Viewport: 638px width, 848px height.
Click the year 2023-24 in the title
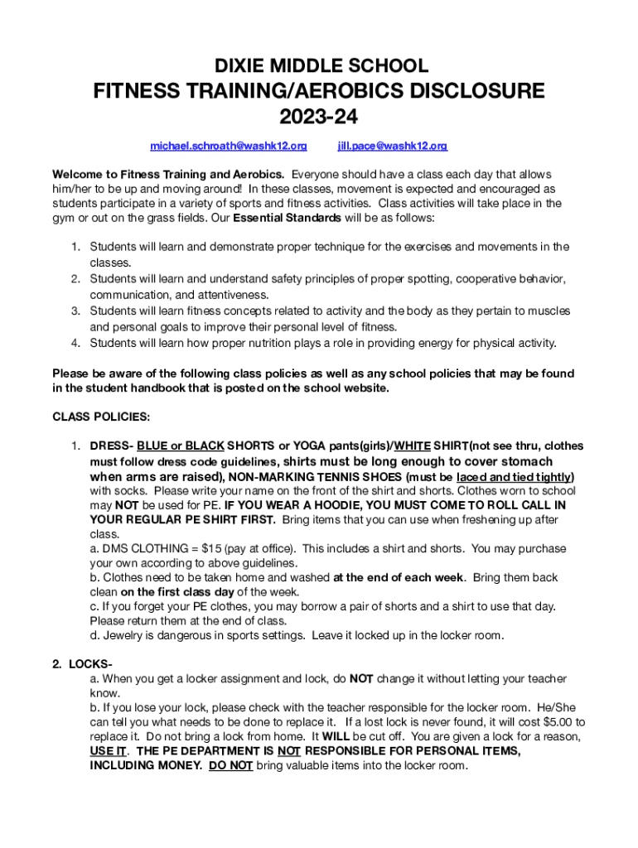318,117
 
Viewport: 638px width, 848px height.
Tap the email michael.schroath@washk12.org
228,147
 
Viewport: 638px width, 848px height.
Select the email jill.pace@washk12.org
392,147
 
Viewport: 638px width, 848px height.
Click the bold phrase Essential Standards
287,219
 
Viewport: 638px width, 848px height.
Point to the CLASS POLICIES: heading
101,417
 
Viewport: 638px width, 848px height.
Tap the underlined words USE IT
109,751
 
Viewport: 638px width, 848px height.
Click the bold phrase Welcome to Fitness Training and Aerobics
168,175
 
